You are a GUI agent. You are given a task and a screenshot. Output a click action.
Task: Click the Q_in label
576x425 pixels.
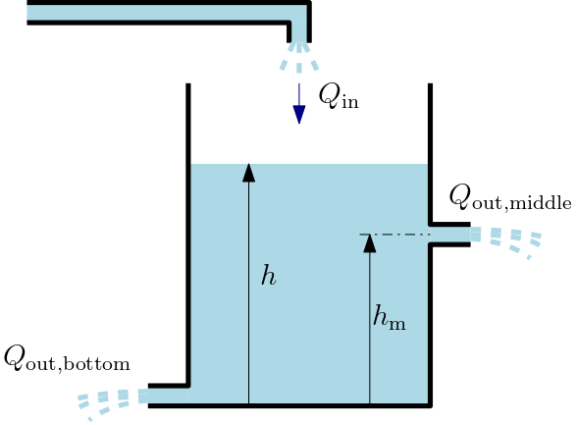click(339, 96)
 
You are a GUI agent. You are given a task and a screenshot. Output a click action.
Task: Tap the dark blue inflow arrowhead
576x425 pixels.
click(299, 114)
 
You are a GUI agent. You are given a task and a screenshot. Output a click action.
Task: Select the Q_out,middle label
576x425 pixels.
click(510, 197)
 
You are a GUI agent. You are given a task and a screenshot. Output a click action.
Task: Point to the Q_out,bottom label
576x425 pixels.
click(67, 358)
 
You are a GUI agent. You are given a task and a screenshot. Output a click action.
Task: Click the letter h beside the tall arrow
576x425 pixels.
click(269, 275)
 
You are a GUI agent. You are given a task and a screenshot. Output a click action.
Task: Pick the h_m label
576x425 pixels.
click(390, 317)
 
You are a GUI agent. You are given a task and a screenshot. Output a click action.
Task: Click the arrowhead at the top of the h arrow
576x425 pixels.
click(248, 173)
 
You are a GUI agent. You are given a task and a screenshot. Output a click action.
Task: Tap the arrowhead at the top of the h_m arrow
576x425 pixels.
click(370, 243)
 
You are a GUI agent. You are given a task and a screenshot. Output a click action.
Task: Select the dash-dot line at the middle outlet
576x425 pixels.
click(394, 234)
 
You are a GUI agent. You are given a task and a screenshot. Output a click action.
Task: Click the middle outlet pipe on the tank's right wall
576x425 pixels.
click(450, 235)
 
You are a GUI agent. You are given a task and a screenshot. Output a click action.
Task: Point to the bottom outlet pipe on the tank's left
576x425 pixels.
click(168, 396)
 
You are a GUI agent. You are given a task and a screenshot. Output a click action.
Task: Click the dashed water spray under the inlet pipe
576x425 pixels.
click(299, 57)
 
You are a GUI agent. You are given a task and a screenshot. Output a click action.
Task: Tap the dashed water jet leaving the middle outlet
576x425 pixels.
click(506, 241)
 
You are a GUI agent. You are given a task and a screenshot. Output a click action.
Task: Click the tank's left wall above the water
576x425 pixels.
click(188, 124)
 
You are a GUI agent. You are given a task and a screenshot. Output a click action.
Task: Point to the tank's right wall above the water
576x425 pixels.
click(430, 124)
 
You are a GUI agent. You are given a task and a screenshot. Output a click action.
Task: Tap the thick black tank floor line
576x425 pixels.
click(290, 406)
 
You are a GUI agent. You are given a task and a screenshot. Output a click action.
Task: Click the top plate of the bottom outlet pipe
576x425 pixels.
click(169, 386)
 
